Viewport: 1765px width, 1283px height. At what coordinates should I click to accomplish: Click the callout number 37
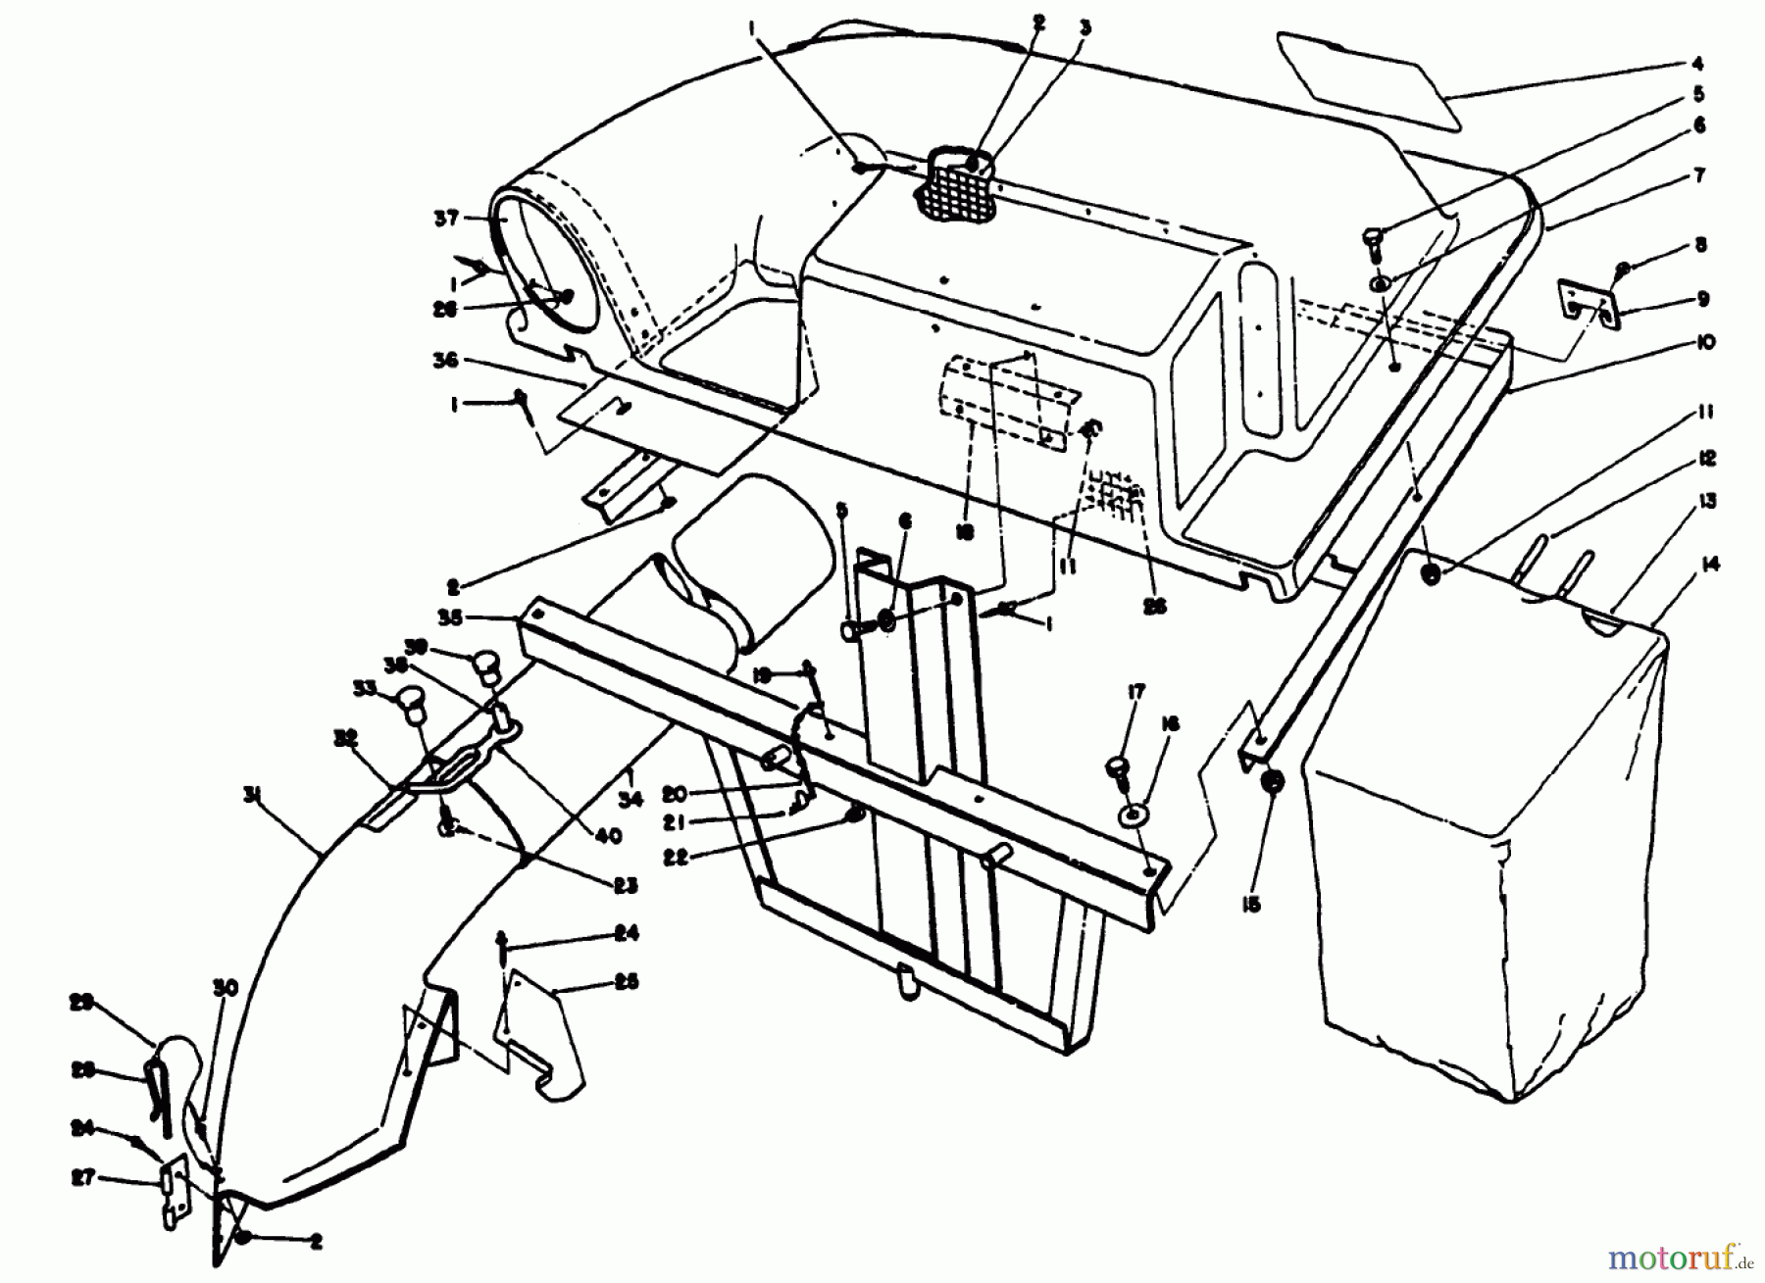[x=446, y=218]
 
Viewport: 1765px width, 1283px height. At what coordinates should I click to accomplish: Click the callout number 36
[x=447, y=360]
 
